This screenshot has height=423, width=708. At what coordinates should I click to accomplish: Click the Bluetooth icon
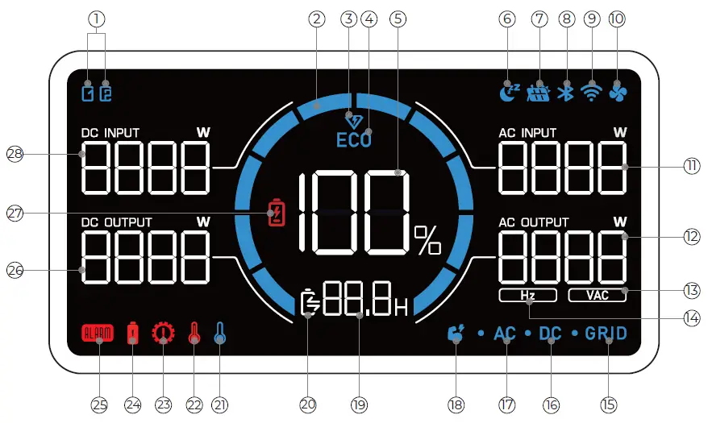pos(567,93)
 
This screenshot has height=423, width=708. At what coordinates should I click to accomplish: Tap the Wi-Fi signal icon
pos(593,92)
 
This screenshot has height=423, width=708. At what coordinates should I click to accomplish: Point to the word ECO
pos(354,139)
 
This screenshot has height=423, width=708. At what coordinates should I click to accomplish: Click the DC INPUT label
pos(110,132)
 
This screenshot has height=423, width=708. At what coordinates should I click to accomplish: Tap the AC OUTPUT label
pos(534,222)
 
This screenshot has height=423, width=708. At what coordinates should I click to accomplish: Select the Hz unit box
pos(527,295)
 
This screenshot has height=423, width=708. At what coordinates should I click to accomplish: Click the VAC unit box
pos(598,295)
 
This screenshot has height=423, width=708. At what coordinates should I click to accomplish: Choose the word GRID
pos(606,334)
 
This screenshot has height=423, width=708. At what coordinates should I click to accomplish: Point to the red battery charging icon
pos(277,214)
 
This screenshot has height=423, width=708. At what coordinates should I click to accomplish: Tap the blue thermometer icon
pos(219,334)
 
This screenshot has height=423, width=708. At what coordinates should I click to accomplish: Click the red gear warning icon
pos(164,334)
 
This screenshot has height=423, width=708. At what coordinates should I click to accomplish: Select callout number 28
pos(14,153)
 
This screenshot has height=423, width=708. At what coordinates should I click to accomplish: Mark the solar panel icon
pos(539,93)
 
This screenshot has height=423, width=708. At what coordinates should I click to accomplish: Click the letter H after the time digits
pos(401,307)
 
